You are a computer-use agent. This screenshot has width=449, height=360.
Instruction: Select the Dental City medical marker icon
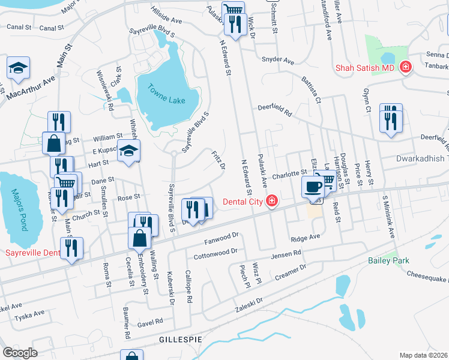point(272,201)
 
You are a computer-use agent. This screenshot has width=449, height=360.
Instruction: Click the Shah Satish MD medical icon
point(406,67)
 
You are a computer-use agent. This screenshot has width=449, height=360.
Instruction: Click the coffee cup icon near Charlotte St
point(312,187)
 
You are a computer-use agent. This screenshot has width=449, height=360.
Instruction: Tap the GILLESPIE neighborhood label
point(179,340)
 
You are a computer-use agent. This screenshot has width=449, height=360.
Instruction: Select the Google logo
point(20,353)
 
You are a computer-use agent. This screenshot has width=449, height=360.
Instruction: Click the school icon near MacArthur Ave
point(18,68)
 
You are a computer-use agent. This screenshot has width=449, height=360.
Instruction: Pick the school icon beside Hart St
point(128,152)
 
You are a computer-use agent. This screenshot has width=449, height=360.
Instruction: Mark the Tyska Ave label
point(30,313)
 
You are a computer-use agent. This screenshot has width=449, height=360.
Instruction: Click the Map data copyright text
point(424,355)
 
